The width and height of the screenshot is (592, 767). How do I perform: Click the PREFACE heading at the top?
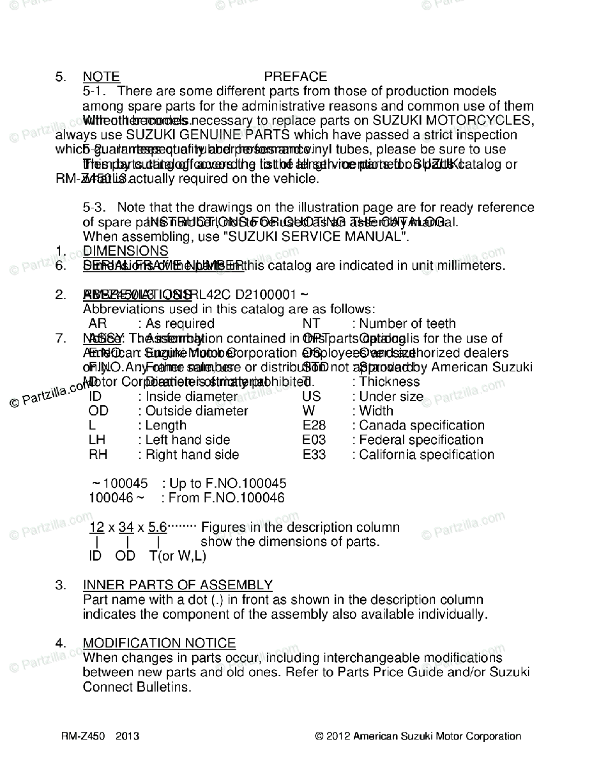(295, 77)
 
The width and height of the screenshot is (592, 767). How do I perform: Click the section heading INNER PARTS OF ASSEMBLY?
(178, 585)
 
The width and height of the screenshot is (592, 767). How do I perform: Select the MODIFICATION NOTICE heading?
(159, 643)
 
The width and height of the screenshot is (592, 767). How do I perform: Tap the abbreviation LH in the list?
(98, 440)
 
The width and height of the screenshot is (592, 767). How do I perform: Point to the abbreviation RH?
(98, 454)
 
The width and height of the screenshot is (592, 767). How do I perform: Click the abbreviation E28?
(314, 425)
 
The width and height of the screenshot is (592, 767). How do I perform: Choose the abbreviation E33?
(314, 454)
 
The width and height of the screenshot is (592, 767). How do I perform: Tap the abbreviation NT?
(311, 323)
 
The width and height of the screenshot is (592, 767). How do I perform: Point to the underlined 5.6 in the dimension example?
(157, 527)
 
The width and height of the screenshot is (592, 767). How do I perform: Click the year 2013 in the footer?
(128, 736)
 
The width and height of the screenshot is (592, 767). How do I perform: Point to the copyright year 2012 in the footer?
(338, 736)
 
